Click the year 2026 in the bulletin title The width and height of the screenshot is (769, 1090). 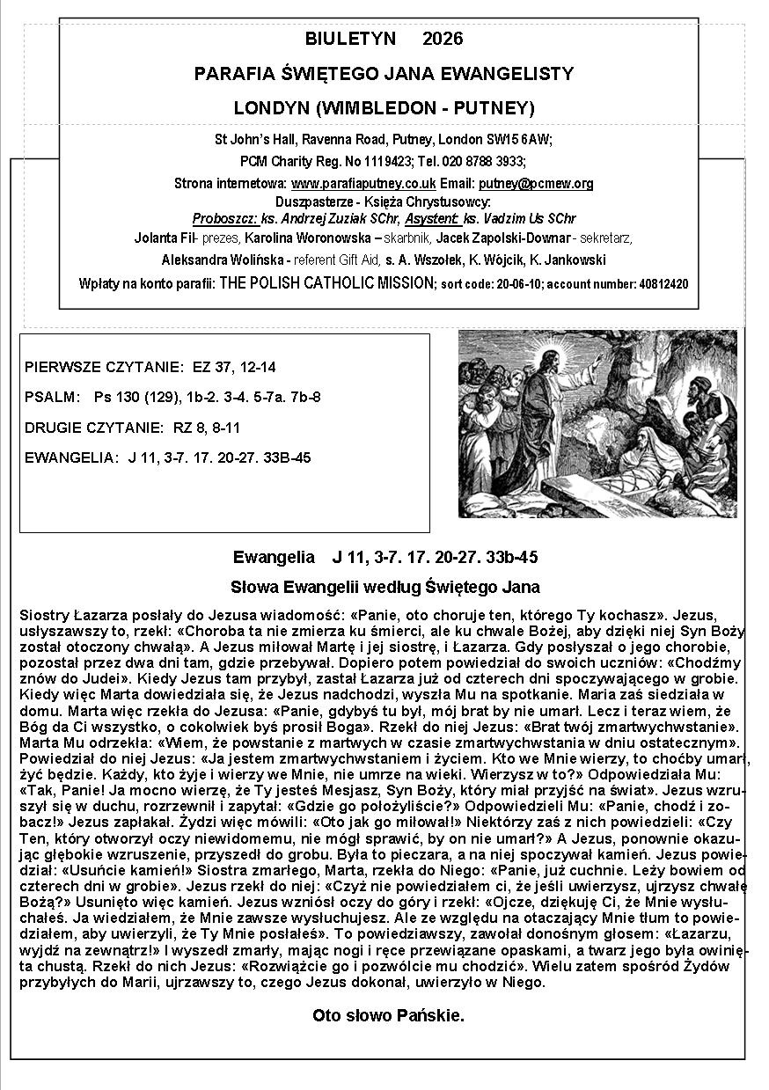point(443,39)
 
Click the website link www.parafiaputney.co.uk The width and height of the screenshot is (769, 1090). point(363,184)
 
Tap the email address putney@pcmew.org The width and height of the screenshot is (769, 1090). point(536,184)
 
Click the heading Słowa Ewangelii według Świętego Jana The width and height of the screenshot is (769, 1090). point(384,587)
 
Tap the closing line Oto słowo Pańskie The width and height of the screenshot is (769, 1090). point(388,1016)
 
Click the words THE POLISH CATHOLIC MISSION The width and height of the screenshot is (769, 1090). point(327,283)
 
